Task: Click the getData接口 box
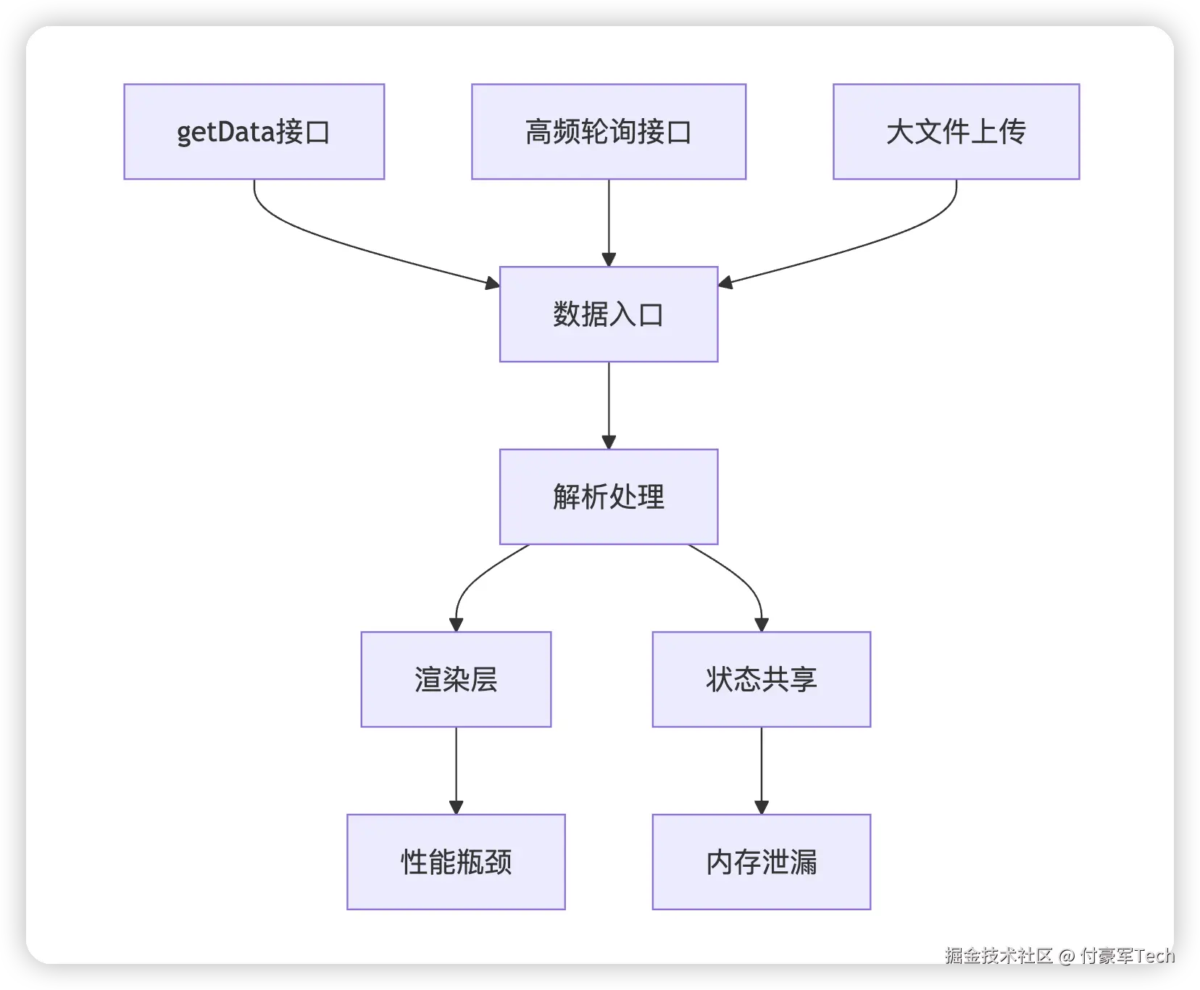254,132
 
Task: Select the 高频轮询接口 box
609,132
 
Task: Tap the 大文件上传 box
957,132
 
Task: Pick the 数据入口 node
609,315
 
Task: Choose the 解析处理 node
609,497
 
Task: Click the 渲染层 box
457,680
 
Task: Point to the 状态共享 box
762,680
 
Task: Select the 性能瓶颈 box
457,862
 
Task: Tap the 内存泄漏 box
762,862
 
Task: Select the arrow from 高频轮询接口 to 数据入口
609,223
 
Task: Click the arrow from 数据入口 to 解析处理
609,406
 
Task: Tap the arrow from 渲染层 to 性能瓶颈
457,771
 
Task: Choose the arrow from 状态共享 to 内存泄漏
762,771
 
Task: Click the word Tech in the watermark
1155,956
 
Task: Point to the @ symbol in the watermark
1067,957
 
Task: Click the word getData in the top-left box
226,133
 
